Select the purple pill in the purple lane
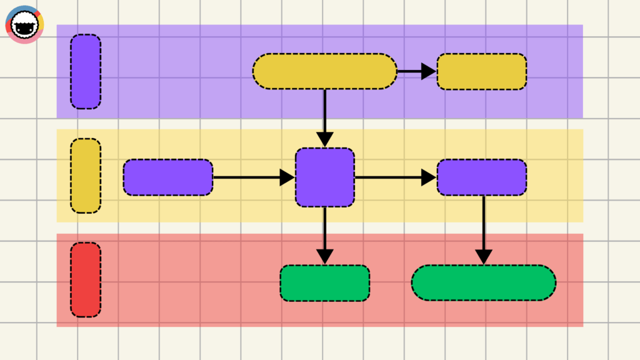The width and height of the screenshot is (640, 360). pyautogui.click(x=86, y=71)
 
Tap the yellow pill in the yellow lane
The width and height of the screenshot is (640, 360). pyautogui.click(x=86, y=176)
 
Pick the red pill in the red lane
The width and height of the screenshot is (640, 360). pyautogui.click(x=86, y=279)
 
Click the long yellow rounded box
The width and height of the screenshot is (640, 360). pyautogui.click(x=324, y=71)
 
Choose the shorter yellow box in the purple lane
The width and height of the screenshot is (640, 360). pyautogui.click(x=481, y=71)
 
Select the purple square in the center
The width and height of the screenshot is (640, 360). pyautogui.click(x=324, y=177)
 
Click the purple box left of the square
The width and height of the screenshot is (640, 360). pyautogui.click(x=168, y=177)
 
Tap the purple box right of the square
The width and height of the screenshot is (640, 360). pyautogui.click(x=481, y=177)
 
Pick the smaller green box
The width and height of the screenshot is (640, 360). pyautogui.click(x=324, y=283)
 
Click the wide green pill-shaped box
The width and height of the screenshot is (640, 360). pyautogui.click(x=483, y=282)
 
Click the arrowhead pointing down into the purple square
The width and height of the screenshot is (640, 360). pyautogui.click(x=324, y=139)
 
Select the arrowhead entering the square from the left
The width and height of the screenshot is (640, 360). pyautogui.click(x=287, y=177)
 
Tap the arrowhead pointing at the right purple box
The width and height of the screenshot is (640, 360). pyautogui.click(x=428, y=177)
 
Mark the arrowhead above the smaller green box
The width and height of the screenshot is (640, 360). pyautogui.click(x=324, y=256)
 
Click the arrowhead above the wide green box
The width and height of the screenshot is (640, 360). pyautogui.click(x=483, y=256)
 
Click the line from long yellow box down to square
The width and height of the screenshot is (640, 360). pyautogui.click(x=324, y=109)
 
